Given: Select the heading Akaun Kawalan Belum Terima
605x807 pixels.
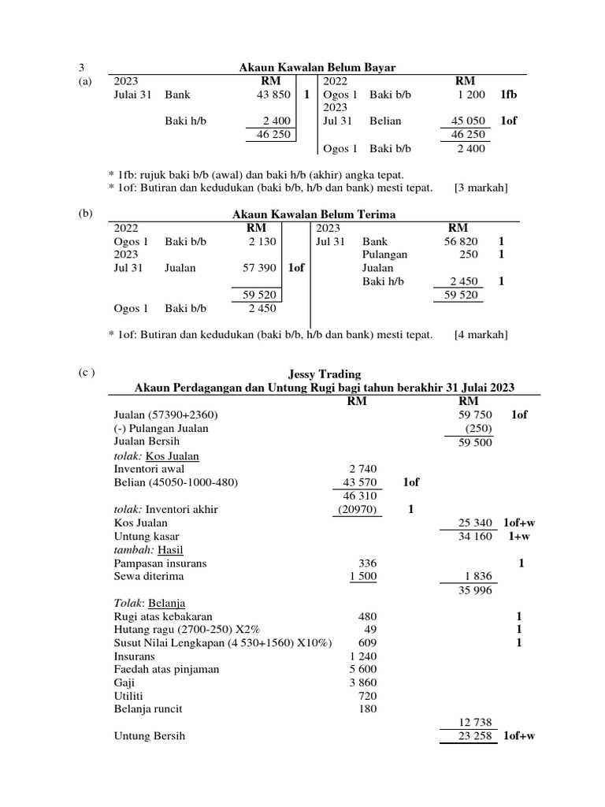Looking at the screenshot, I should pos(314,214).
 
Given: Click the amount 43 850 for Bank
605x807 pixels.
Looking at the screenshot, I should pos(274,95).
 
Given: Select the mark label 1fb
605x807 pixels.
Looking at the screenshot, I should pos(508,95).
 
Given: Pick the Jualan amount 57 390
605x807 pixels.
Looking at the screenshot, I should pos(261,268).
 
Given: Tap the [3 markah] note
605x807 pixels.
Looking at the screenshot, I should pos(481,188).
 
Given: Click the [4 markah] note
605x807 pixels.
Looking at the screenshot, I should pos(481,335).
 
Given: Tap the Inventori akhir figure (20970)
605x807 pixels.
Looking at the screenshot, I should pos(353,509).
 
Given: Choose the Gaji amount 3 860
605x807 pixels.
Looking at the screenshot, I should pos(362,683).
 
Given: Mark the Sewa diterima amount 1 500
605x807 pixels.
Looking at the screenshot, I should pos(362,576).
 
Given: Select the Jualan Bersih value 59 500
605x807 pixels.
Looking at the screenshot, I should pos(475,442).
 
